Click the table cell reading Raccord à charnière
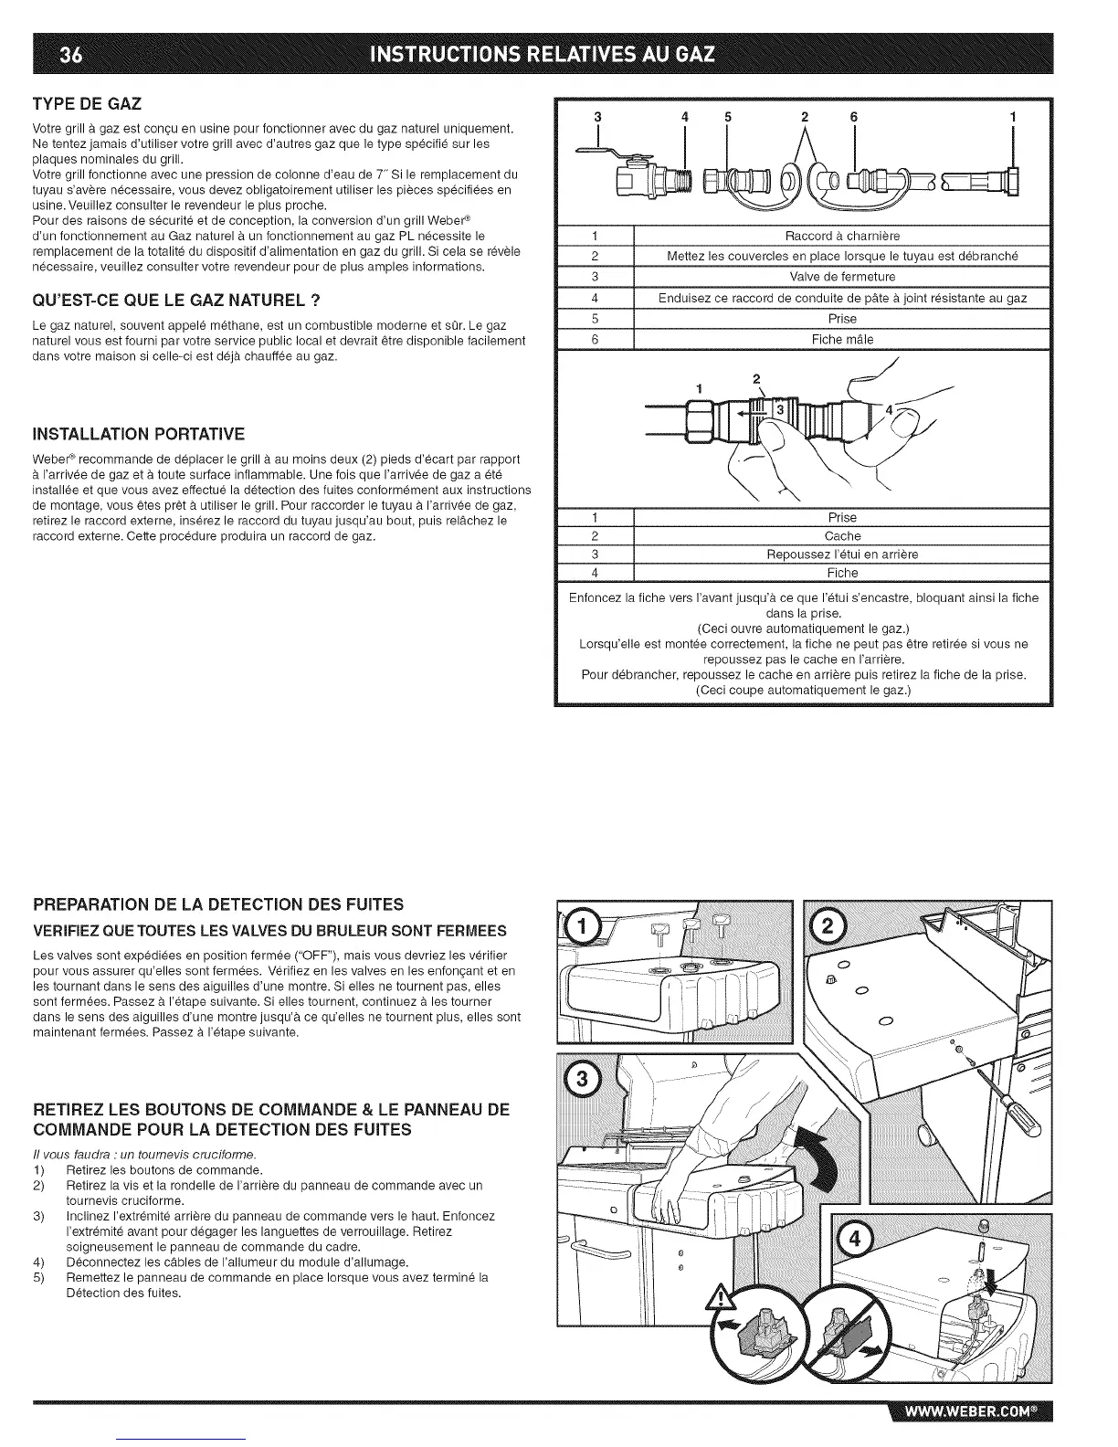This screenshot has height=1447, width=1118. [842, 236]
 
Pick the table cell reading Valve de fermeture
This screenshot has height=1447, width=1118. [842, 277]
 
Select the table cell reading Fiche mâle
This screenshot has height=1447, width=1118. [842, 339]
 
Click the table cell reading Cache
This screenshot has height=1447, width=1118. [842, 536]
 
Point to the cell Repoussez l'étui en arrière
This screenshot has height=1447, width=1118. [842, 555]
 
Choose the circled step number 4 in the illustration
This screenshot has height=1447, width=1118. [855, 1241]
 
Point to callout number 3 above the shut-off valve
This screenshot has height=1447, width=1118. [597, 117]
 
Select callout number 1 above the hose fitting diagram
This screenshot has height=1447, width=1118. [1012, 117]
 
